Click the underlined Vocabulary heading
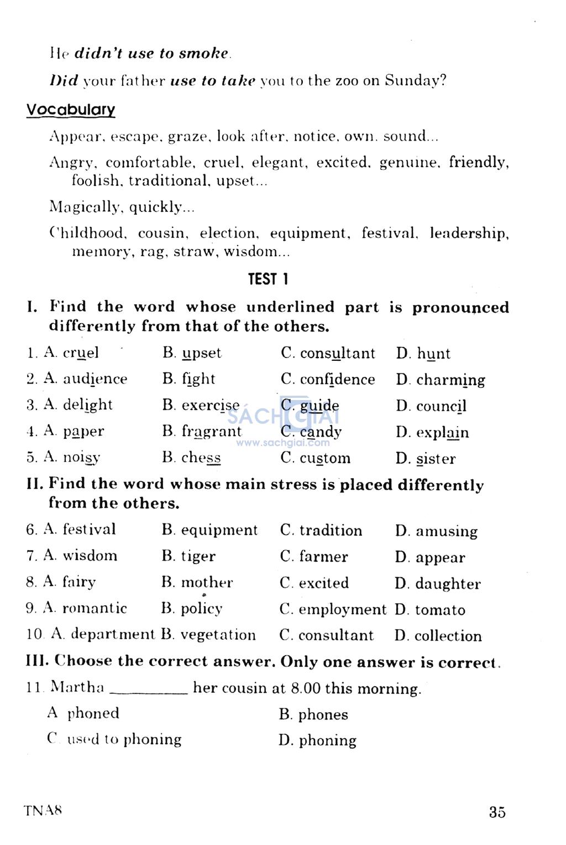(x=71, y=110)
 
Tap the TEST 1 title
(x=268, y=279)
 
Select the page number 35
(x=497, y=812)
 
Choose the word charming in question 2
(x=450, y=380)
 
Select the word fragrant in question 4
(x=212, y=432)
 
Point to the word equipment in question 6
(x=219, y=530)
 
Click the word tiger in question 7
(x=198, y=556)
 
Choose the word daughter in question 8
(x=448, y=584)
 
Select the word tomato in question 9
(x=440, y=610)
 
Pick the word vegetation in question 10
(x=218, y=635)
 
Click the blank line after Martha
(x=149, y=691)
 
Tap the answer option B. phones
(x=313, y=714)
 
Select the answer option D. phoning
(x=317, y=740)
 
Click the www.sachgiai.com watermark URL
(x=283, y=443)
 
